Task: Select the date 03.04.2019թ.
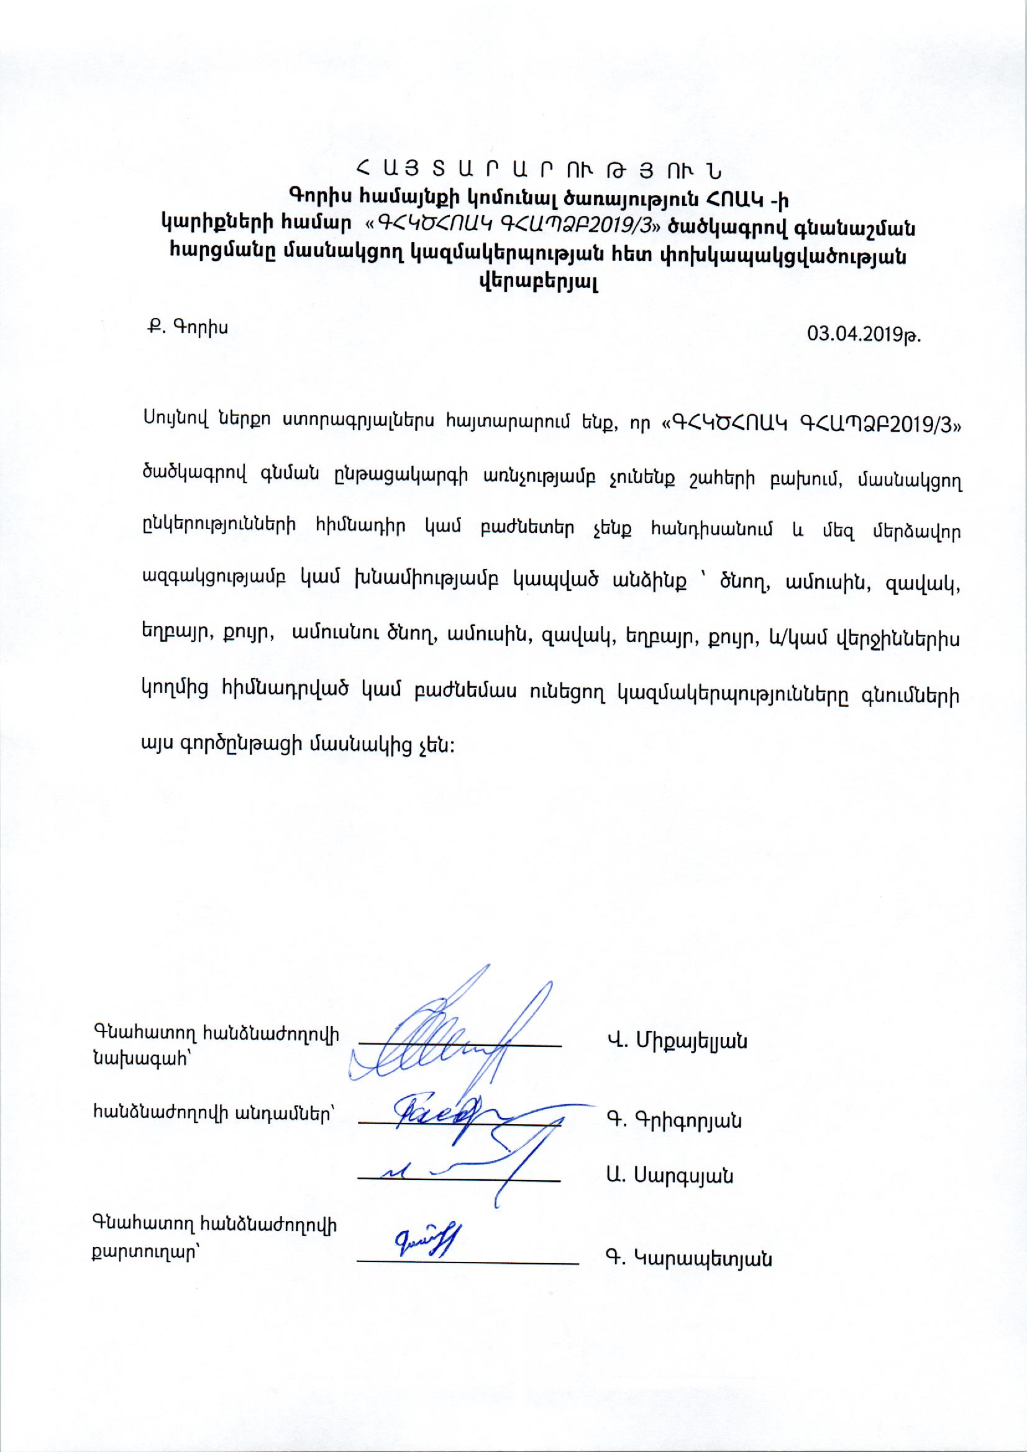pos(864,334)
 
